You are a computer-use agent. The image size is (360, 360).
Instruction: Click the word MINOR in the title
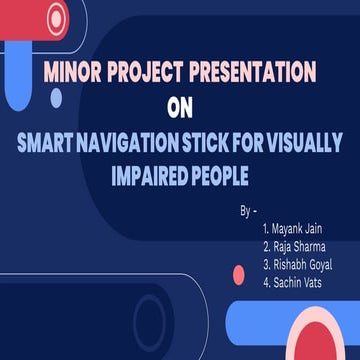point(71,72)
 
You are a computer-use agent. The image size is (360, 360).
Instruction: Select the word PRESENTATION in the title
point(253,72)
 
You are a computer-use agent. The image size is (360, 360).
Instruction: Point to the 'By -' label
point(249,213)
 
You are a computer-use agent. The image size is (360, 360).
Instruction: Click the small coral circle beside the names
point(238,273)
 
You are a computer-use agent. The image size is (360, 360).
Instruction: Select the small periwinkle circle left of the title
point(56,98)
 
